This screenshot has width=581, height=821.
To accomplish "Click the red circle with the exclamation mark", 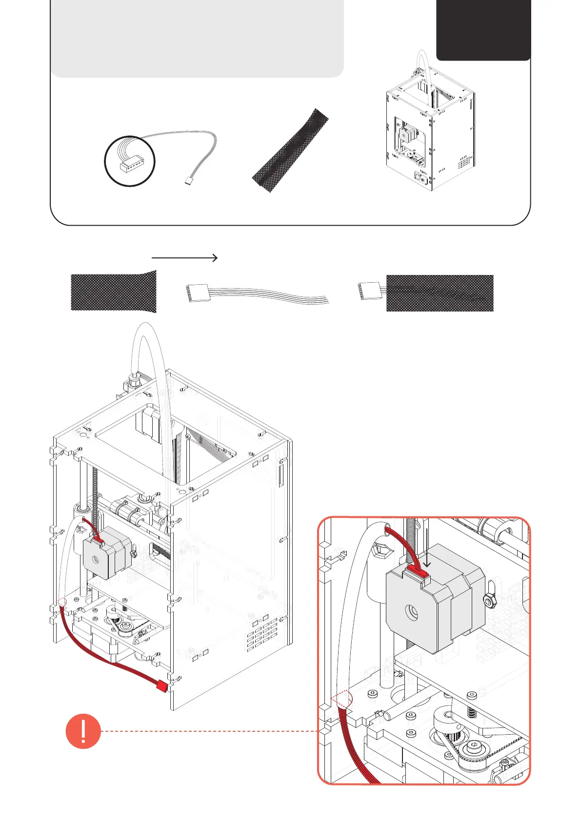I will [83, 731].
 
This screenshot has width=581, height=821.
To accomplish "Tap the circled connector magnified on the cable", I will [130, 161].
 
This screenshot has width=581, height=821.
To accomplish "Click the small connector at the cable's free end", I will [189, 181].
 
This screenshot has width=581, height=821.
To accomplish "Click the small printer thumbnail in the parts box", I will [430, 132].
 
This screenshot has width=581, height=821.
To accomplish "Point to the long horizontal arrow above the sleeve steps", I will [184, 258].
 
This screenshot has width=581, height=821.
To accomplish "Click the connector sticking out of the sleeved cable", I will [369, 291].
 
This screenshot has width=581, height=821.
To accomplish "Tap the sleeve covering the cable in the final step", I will [440, 293].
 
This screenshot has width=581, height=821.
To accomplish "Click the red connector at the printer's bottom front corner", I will [161, 687].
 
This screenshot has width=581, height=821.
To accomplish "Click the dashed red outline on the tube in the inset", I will [341, 700].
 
